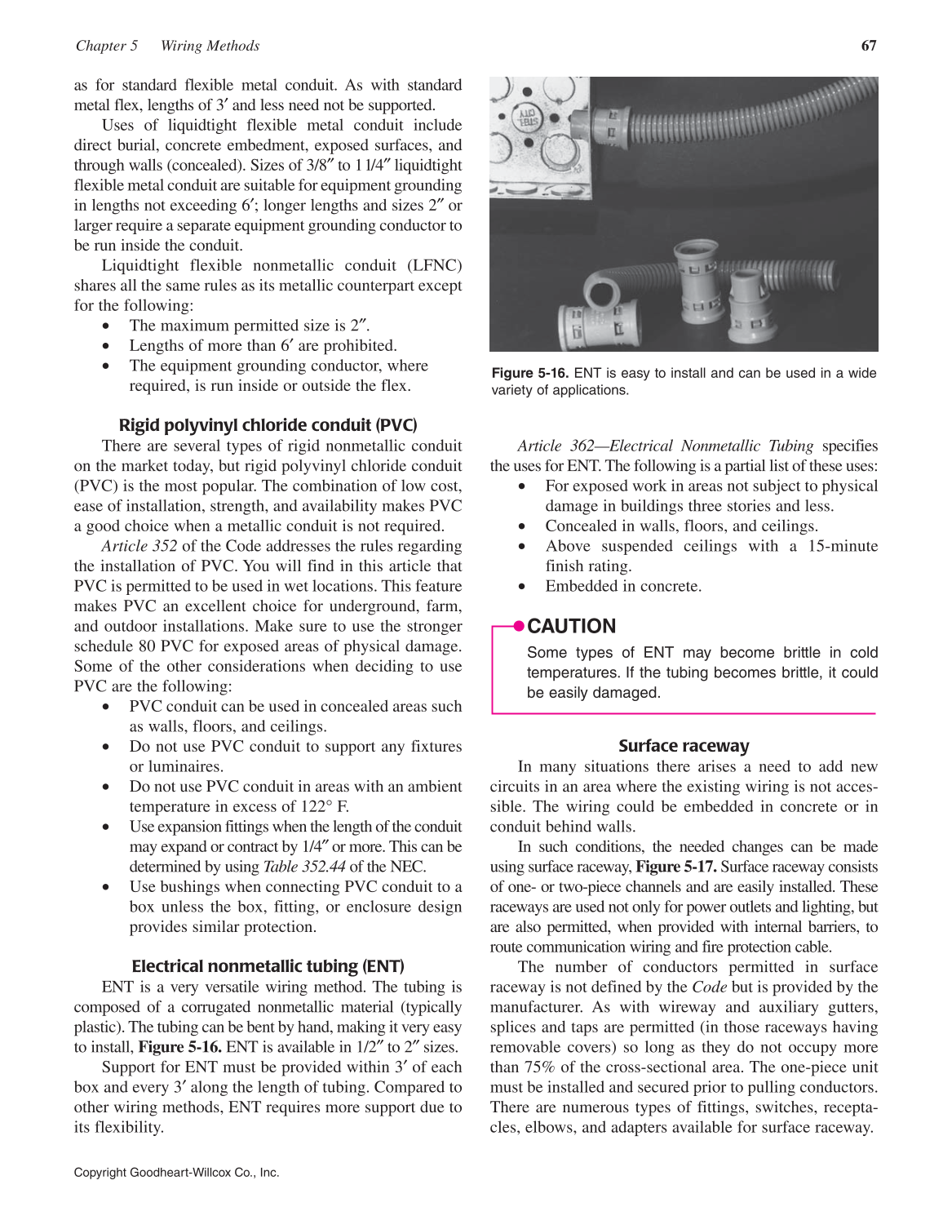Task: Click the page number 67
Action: pyautogui.click(x=869, y=46)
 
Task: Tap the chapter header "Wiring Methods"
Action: pyautogui.click(x=210, y=46)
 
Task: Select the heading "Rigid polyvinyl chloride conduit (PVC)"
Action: pyautogui.click(x=268, y=425)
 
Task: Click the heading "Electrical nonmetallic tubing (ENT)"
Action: pyautogui.click(x=268, y=966)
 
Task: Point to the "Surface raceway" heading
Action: pyautogui.click(x=684, y=746)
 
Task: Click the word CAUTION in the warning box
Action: pyautogui.click(x=572, y=627)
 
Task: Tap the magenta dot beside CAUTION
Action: pyautogui.click(x=519, y=626)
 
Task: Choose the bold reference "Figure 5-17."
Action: pyautogui.click(x=676, y=867)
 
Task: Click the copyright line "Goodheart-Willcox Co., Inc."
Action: pyautogui.click(x=204, y=1173)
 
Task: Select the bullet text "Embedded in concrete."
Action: pyautogui.click(x=623, y=586)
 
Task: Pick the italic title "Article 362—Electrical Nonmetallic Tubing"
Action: pyautogui.click(x=665, y=446)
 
